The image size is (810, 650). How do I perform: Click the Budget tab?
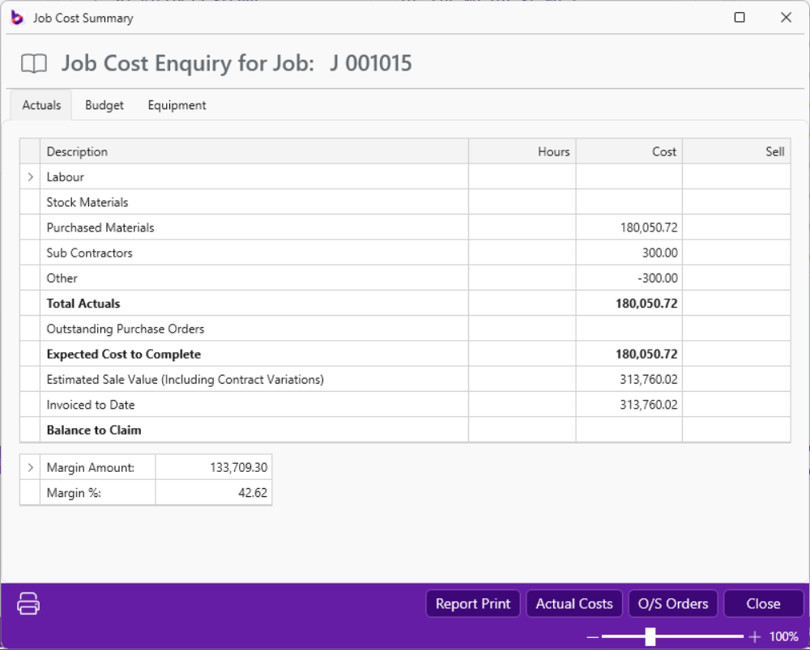point(104,105)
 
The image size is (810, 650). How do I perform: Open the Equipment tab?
point(177,105)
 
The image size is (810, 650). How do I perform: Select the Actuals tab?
point(41,105)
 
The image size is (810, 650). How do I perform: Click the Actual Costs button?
point(574,604)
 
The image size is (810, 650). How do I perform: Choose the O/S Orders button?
point(673,604)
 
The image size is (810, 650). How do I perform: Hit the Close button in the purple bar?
point(763,604)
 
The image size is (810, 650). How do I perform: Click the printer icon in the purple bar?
point(28,604)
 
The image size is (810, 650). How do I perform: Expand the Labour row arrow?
point(30,177)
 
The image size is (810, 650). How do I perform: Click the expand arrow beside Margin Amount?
point(30,468)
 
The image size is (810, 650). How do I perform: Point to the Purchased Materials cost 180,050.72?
point(649,228)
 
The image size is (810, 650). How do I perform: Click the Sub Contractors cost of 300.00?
point(659,253)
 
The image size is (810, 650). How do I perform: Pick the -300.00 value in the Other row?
point(658,278)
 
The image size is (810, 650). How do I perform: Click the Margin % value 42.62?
point(253,493)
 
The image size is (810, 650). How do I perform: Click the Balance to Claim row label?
point(94,431)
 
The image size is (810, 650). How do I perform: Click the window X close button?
point(786,18)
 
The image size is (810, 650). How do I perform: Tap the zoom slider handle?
point(650,637)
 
